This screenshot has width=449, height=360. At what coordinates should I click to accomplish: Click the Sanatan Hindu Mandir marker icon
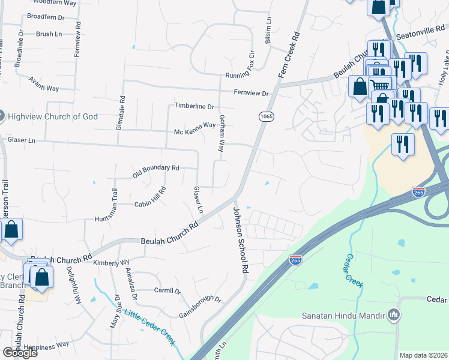[394, 314]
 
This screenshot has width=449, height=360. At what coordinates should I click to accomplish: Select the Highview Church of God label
[53, 115]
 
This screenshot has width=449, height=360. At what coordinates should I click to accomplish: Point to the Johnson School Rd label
[240, 240]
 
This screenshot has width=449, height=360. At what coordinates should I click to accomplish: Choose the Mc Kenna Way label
[194, 125]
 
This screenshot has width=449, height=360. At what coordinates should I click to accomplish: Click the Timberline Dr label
[194, 106]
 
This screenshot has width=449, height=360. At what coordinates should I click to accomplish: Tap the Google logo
[20, 353]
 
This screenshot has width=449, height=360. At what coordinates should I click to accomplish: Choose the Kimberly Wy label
[111, 263]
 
